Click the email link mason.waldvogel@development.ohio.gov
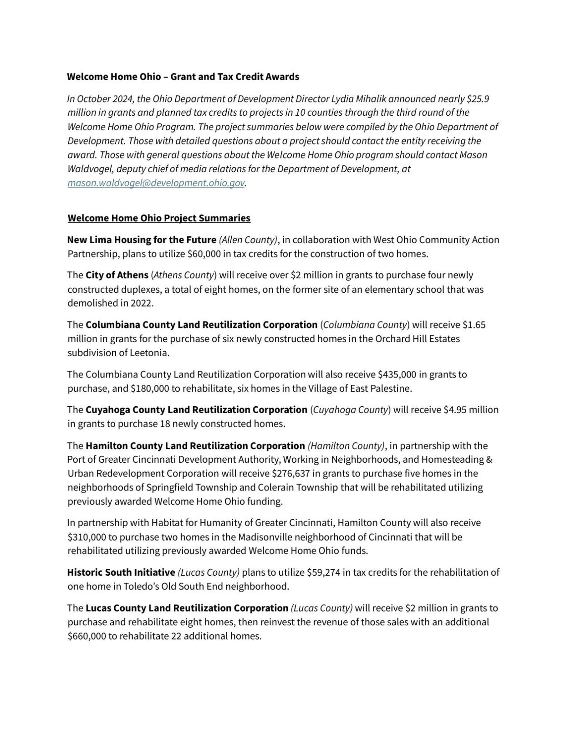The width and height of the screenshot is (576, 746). (x=156, y=183)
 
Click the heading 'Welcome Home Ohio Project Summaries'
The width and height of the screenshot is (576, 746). (x=159, y=218)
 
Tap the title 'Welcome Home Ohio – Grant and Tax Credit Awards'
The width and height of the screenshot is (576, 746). (x=183, y=77)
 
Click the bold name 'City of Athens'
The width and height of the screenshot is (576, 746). (x=117, y=275)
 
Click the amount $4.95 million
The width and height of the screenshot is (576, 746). (x=471, y=410)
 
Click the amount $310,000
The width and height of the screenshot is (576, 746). (x=87, y=537)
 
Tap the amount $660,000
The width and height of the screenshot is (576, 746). (x=87, y=636)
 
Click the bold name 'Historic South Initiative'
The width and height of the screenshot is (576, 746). (x=121, y=572)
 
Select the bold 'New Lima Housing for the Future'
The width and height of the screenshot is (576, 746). (x=142, y=240)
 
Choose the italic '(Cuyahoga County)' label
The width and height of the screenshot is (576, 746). (x=350, y=410)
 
